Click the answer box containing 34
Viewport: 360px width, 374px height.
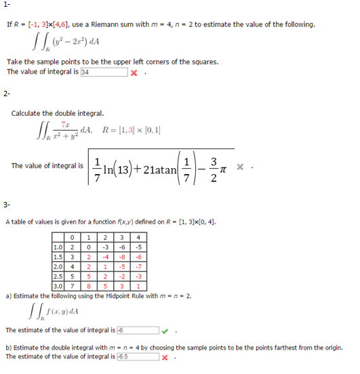click(103, 72)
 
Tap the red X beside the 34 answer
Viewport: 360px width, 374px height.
click(134, 72)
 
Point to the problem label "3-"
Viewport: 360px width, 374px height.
click(7, 203)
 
